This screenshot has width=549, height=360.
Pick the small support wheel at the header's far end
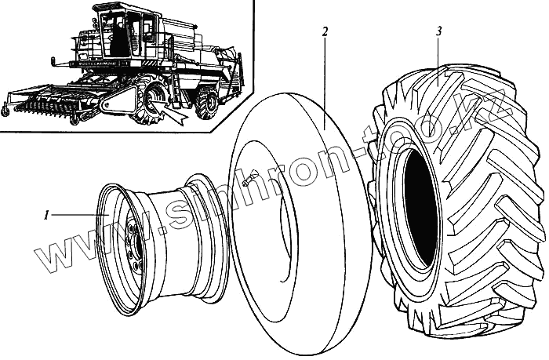[x=5, y=111]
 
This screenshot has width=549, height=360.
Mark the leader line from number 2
[x=325, y=78]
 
